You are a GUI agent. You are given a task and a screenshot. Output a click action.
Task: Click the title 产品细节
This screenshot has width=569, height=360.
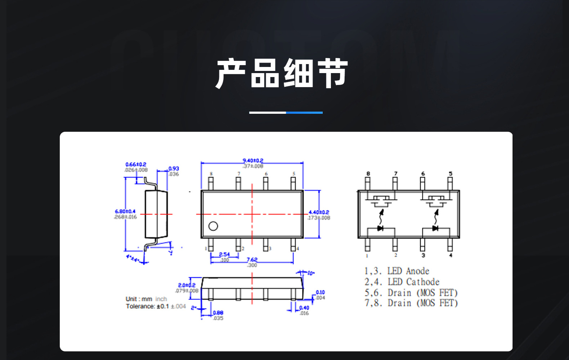coord(282,73)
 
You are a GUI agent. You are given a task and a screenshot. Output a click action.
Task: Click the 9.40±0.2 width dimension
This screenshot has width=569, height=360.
coord(253,161)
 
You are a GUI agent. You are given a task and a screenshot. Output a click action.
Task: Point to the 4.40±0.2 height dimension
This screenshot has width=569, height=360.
coord(319,212)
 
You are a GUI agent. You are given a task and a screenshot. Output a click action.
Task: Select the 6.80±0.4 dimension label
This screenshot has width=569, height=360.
coord(125,211)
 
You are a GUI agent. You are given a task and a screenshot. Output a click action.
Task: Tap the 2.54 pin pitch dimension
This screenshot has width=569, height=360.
coord(224,255)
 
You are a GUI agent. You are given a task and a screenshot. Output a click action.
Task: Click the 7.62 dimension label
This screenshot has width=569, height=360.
coord(252,260)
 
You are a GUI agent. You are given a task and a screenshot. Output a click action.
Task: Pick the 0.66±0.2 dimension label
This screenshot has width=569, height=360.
coord(136,165)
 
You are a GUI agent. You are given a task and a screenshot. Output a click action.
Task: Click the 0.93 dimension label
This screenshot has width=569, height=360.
coord(174,168)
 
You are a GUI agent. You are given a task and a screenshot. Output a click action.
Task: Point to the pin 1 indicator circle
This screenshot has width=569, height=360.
coord(213,226)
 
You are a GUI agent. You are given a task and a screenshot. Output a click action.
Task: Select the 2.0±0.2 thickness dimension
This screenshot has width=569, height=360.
coord(187,285)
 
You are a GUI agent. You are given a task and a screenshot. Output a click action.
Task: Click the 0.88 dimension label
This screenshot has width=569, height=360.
coord(218,313)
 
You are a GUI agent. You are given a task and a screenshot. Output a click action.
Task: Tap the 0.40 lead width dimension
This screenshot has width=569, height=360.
coord(304,308)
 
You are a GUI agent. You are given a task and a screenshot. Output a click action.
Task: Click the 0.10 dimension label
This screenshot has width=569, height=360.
coord(320,292)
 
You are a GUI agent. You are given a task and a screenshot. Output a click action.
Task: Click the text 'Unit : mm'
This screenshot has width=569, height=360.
coord(139,299)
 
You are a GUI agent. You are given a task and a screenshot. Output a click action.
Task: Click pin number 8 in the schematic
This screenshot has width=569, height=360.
coord(368,174)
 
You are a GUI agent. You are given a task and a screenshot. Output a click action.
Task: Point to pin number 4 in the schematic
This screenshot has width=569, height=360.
coord(451,255)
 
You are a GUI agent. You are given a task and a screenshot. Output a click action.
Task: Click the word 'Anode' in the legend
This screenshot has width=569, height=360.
coord(418,271)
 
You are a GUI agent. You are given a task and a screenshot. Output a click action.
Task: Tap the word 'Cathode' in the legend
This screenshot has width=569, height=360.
coord(423,282)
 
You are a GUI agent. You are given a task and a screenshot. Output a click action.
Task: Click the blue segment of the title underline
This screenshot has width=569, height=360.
coord(304,113)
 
